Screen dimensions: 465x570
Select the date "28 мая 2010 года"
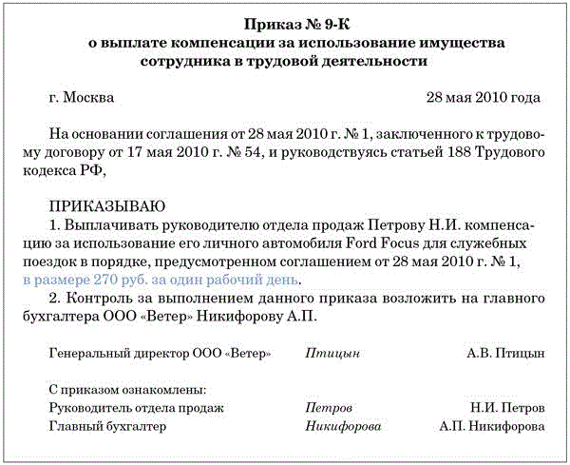pyautogui.click(x=484, y=98)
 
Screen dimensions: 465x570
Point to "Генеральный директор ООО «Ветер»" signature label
pyautogui.click(x=160, y=353)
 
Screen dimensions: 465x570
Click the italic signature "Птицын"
pyautogui.click(x=332, y=353)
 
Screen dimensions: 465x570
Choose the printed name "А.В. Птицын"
pyautogui.click(x=505, y=353)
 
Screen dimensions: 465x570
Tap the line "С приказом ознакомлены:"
pyautogui.click(x=127, y=389)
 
